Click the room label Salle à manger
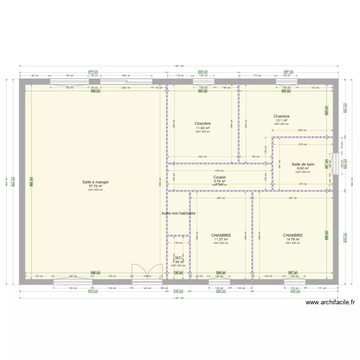coord(96,182)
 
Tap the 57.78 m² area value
coord(96,186)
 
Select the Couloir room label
coord(220,177)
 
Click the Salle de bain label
coord(303,164)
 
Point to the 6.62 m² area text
coord(303,168)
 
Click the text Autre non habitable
coord(179,213)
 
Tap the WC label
coord(178,258)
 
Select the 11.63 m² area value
coord(203,128)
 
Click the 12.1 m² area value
coord(281,120)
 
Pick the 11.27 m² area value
coord(221,240)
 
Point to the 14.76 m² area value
coord(293,240)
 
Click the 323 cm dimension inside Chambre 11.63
coord(203,156)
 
